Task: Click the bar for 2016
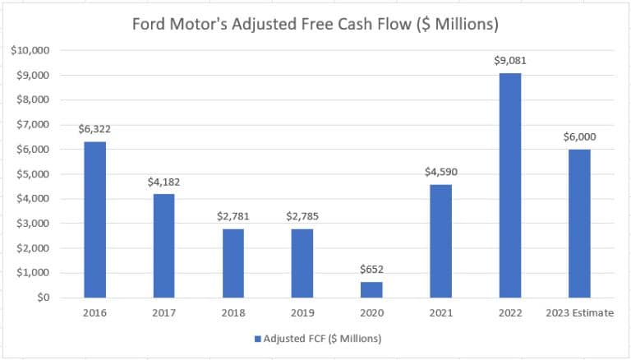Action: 94,219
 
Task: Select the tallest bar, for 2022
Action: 509,185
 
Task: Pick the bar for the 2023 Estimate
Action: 578,223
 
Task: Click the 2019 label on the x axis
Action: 302,312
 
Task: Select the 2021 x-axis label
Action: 440,312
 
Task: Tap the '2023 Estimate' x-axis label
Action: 578,312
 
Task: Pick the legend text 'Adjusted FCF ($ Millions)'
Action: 323,338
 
